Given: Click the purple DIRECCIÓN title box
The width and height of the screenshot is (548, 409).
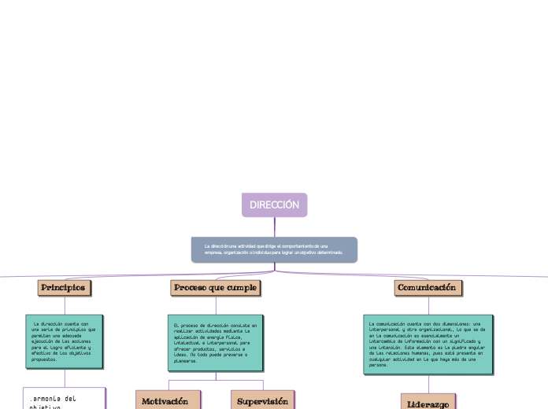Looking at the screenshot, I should click(275, 204).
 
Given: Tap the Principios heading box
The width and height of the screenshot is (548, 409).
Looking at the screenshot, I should click(64, 288).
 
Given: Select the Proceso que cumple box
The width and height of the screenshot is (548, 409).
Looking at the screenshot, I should click(214, 289).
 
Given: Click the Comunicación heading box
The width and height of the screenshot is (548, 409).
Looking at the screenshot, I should click(428, 288).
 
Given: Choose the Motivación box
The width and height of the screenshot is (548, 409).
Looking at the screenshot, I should click(166, 401).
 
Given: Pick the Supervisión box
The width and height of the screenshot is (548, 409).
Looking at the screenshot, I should click(262, 401).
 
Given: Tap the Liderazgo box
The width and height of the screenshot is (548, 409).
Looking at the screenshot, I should click(428, 403).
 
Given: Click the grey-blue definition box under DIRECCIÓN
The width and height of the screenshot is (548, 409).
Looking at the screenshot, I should click(274, 250).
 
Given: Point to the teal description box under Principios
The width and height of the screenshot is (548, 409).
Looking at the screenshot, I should click(65, 341).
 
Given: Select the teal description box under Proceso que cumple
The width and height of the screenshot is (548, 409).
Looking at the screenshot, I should click(214, 342).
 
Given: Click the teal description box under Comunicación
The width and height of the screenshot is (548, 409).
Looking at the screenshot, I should click(428, 343).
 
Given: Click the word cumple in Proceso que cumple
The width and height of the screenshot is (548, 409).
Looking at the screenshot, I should click(240, 289).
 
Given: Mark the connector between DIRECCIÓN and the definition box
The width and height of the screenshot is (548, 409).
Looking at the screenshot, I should click(275, 227).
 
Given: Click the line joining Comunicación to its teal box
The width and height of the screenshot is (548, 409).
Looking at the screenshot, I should click(428, 305).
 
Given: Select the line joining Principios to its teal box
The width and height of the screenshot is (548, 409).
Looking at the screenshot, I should click(65, 305).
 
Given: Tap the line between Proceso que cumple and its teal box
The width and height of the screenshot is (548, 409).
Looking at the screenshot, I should click(214, 306).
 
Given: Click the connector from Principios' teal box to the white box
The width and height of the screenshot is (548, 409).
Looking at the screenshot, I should click(65, 377).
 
